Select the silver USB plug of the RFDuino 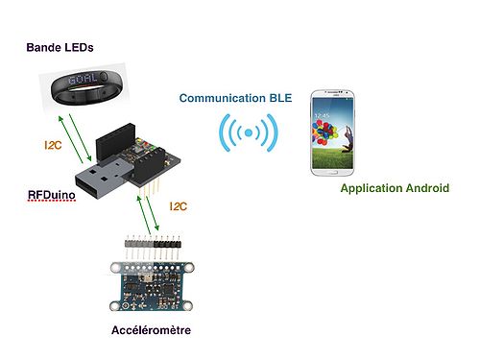101,182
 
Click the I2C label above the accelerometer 180,206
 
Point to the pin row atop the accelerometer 154,244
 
